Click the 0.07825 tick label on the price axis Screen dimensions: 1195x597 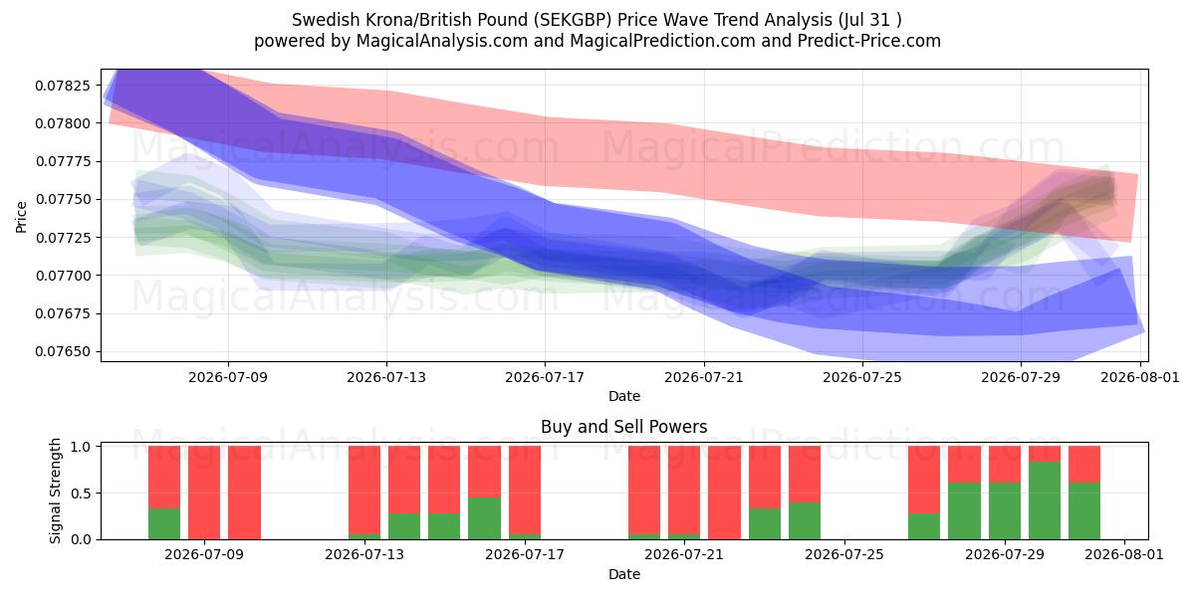click(63, 86)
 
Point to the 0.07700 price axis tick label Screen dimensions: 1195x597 click(63, 276)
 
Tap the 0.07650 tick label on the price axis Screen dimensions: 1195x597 click(63, 352)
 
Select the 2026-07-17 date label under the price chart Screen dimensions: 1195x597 click(545, 377)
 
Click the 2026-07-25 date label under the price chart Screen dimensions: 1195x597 click(862, 377)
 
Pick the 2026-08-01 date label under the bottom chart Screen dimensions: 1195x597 click(1124, 555)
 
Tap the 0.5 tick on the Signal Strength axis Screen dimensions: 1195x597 click(81, 494)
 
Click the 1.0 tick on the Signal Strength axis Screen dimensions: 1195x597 click(81, 446)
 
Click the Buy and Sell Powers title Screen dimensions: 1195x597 click(624, 427)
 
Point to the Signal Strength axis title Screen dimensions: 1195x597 click(55, 491)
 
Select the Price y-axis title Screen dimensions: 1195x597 click(21, 217)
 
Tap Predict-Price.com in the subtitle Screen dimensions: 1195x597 click(869, 41)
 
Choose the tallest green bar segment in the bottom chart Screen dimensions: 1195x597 click(1045, 500)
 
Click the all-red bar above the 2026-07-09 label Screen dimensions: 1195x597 click(204, 493)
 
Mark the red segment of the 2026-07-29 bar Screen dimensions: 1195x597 click(1005, 465)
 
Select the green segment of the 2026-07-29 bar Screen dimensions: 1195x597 click(1005, 511)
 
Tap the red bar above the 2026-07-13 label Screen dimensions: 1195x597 click(364, 490)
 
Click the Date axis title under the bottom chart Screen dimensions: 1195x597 click(624, 574)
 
